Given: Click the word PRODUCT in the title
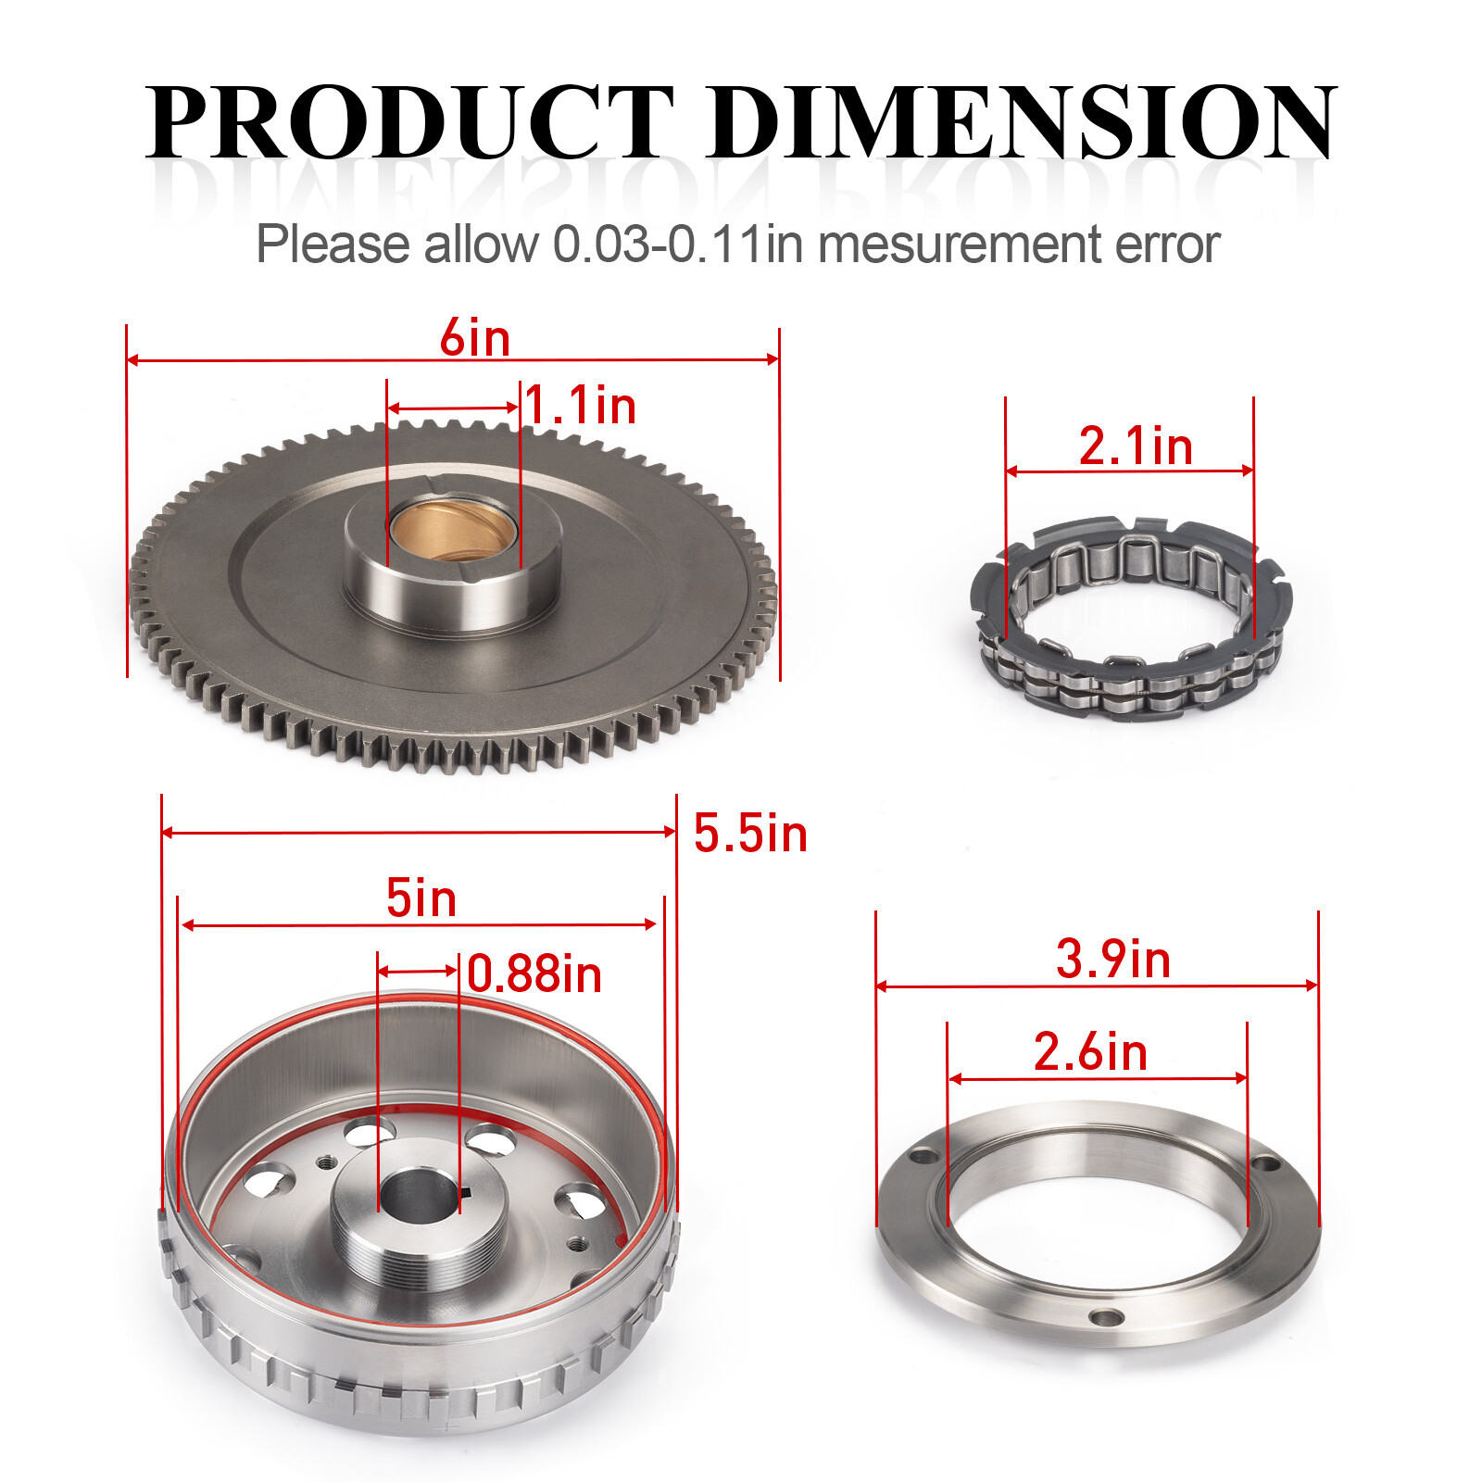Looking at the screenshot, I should (x=408, y=123).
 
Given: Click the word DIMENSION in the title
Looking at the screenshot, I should (x=1023, y=123).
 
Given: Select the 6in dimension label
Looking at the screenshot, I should (x=474, y=337).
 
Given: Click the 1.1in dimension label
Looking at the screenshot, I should (x=581, y=406).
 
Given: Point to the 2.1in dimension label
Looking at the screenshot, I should (x=1136, y=446).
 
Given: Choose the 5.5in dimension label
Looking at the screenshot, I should (x=750, y=834).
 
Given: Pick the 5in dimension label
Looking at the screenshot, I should (x=421, y=898).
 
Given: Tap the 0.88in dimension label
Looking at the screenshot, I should (x=534, y=974).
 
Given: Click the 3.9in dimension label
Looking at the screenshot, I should (x=1113, y=959).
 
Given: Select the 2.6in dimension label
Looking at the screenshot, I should (x=1090, y=1052).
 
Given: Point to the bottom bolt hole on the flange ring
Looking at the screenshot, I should (x=1106, y=1317).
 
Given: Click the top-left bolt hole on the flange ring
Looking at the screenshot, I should (x=923, y=1156).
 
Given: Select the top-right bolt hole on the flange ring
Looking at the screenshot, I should (x=1263, y=1162).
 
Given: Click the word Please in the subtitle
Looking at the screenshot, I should (x=333, y=245).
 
